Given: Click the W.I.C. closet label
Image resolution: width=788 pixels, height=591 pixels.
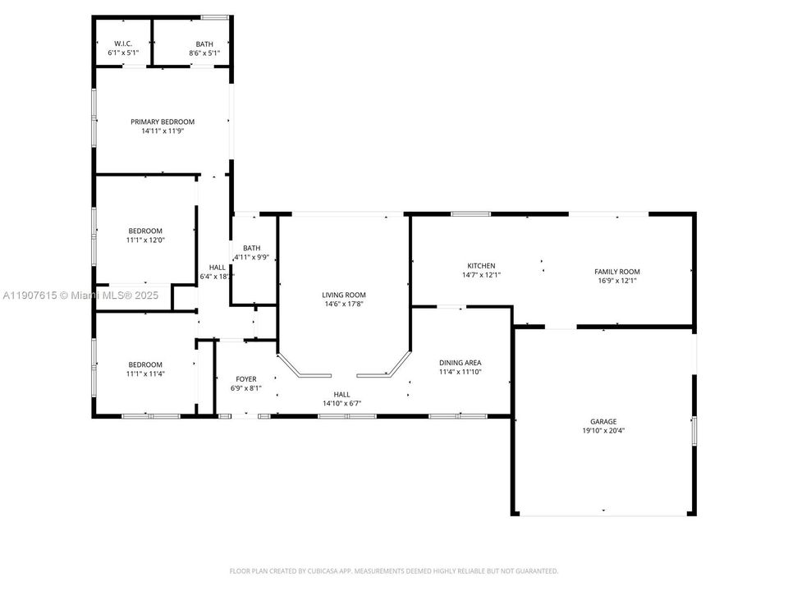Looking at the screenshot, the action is click(x=123, y=44).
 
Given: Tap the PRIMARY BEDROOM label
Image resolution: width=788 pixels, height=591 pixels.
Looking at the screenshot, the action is click(x=163, y=121).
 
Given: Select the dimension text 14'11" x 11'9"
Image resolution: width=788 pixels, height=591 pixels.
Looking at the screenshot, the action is click(x=163, y=131).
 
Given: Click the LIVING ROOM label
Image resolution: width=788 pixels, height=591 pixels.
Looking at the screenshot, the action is click(x=344, y=295).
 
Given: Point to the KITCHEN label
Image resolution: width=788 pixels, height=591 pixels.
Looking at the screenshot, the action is click(x=482, y=266).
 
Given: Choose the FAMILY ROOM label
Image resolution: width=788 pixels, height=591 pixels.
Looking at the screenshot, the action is click(x=617, y=272).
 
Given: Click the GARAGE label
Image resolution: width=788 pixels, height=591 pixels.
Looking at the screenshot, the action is click(x=603, y=422).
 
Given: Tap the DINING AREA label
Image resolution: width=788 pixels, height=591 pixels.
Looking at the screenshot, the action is click(x=460, y=363).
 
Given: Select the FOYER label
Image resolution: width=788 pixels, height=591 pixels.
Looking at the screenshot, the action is click(x=246, y=379).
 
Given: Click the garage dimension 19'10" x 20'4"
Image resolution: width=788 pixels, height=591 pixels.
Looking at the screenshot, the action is click(x=603, y=431).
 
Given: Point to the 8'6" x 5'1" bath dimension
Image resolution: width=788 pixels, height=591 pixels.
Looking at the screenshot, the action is click(x=204, y=53).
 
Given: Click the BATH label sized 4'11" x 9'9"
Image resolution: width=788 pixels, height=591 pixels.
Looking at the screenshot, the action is click(x=252, y=248).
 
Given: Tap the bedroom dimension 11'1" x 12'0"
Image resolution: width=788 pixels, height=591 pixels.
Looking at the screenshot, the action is click(x=145, y=241).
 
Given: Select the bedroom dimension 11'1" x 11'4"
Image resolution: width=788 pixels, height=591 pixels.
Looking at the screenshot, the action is click(x=145, y=374).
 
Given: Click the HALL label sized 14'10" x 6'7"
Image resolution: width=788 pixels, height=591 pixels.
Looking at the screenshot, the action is click(x=341, y=395).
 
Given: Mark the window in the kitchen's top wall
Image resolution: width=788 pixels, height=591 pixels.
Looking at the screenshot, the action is click(x=470, y=214).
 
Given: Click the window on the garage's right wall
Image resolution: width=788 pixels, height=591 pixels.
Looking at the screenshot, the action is click(x=694, y=431).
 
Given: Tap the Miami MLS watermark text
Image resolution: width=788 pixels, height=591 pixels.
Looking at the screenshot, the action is click(x=80, y=295).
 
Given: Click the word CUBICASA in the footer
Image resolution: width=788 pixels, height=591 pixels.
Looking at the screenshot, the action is click(x=326, y=571).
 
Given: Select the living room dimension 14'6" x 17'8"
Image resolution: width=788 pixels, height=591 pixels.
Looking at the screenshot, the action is click(x=344, y=304).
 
